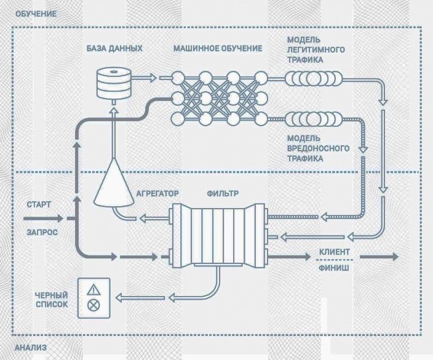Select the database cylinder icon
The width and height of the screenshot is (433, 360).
tap(114, 83)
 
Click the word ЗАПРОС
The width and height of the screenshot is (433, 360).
tap(41, 233)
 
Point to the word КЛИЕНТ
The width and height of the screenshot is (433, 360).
tap(335, 252)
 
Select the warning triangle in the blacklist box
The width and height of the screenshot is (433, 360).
tap(93, 289)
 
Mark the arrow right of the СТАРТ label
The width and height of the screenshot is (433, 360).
tap(52, 218)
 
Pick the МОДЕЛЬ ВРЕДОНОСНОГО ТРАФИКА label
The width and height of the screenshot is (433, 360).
tap(319, 148)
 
